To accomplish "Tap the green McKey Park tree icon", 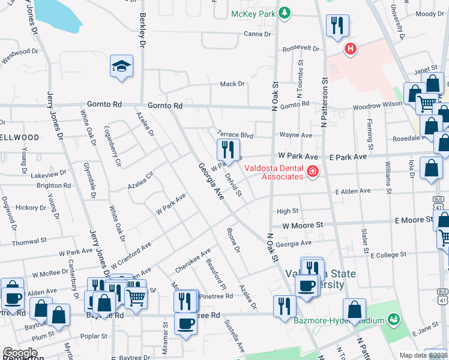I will coord(286,13).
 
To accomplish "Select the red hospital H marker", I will coord(349,49).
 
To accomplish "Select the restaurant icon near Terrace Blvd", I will coord(228,149).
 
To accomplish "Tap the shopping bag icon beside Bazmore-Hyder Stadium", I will coord(355,310).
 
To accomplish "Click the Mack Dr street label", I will coord(233,85).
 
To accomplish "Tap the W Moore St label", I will coord(303,225).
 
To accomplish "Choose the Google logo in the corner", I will coord(20,353).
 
